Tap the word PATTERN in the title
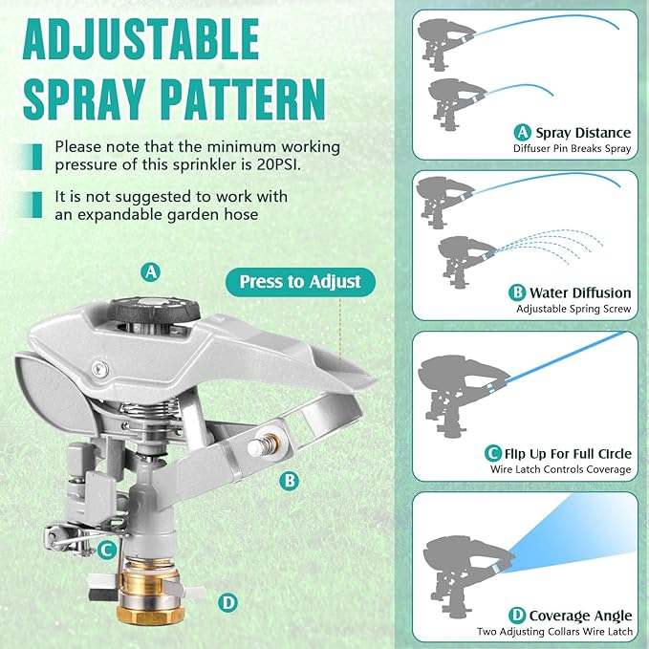point(249,100)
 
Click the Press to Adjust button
point(300,281)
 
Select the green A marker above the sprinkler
point(150,271)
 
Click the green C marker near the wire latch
point(108,549)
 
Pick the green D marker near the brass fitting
point(227,602)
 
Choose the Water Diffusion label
point(582,292)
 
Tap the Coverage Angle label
point(580,616)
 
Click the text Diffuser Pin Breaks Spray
point(573,149)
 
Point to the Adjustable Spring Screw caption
point(573,309)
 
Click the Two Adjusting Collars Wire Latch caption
point(554,632)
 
